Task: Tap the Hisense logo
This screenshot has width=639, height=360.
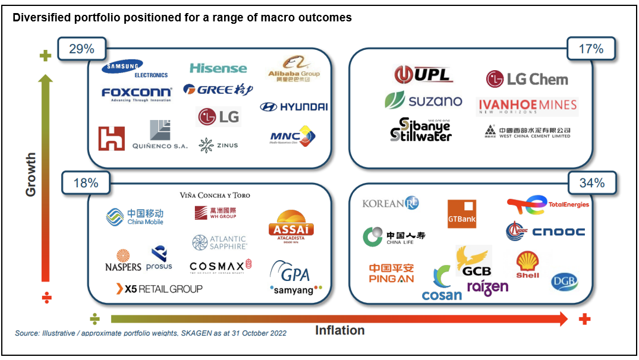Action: click(x=218, y=68)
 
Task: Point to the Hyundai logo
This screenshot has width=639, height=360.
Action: click(x=294, y=107)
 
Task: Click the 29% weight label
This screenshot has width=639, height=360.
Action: click(x=81, y=49)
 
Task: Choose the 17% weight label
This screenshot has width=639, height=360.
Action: click(x=590, y=49)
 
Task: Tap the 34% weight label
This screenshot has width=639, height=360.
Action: click(x=591, y=184)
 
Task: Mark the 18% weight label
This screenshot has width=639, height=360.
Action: click(x=86, y=184)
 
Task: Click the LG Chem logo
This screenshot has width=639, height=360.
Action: click(x=527, y=79)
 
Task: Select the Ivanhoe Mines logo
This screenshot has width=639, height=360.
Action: click(x=527, y=106)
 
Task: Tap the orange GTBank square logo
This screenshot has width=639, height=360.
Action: click(x=462, y=214)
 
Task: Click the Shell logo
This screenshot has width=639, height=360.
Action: click(x=527, y=264)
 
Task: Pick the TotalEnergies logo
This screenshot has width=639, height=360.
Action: click(x=547, y=204)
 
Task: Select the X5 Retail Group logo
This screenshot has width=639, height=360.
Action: click(x=159, y=289)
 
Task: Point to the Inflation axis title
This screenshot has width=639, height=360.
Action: click(x=340, y=330)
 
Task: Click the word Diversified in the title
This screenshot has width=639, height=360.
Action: click(x=40, y=18)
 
